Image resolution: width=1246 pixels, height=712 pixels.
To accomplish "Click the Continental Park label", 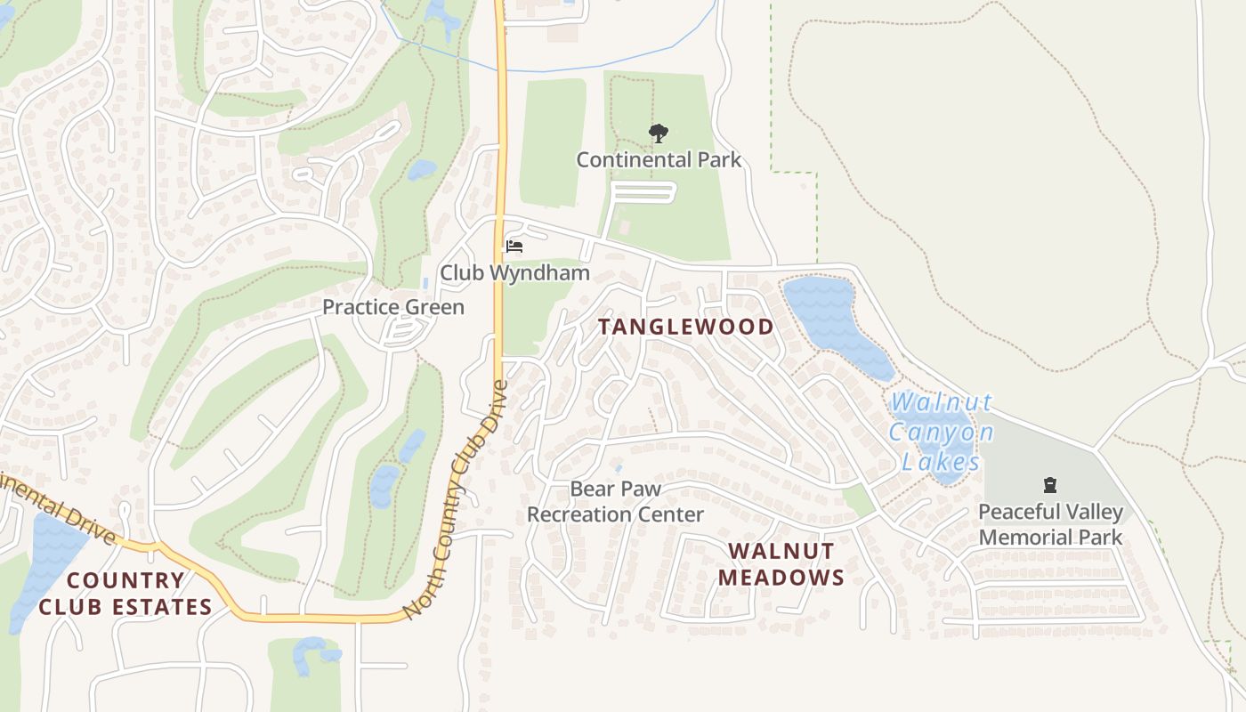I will [659, 160].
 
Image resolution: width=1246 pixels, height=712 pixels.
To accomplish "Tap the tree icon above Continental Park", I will [659, 134].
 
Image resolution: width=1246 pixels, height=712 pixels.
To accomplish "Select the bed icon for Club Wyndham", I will [514, 246].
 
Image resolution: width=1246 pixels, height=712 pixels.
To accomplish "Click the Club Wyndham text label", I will [515, 273].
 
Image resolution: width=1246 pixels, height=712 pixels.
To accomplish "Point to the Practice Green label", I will [393, 307].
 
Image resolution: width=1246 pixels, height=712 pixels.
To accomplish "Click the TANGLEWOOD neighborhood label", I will [685, 327].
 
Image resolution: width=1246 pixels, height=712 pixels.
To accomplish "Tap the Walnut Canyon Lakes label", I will [942, 433].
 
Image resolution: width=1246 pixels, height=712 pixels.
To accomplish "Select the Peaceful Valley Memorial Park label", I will [1050, 524].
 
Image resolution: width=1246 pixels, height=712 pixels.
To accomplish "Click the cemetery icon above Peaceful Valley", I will [1050, 486].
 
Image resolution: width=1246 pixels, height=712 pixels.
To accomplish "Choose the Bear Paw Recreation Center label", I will [615, 502].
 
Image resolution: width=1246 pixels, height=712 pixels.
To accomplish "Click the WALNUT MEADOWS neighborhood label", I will [781, 564].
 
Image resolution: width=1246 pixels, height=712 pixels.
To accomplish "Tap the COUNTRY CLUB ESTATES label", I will [125, 594].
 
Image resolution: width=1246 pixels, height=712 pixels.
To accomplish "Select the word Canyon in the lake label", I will [942, 433].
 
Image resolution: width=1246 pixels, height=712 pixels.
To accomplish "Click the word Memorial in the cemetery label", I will [1050, 538].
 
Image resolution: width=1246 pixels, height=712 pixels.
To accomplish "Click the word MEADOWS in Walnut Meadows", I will [781, 578].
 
